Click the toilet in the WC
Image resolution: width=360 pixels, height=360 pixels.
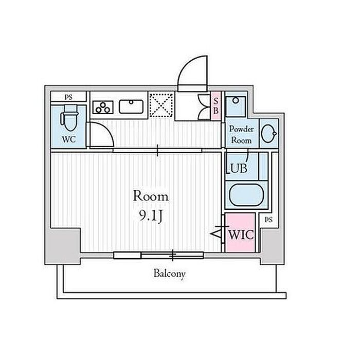click(x=69, y=118)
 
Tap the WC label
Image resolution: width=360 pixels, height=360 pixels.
click(x=68, y=139)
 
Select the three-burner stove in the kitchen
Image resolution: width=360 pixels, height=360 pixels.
click(x=103, y=107)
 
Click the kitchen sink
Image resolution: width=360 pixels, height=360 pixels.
click(x=131, y=106)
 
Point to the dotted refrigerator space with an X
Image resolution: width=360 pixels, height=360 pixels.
click(x=161, y=105)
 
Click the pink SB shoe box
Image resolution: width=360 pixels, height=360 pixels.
click(x=215, y=105)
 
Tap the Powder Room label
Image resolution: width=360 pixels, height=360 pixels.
click(x=241, y=135)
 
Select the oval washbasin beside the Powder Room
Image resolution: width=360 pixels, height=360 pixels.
click(x=268, y=133)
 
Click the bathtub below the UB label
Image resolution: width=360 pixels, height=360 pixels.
click(x=246, y=195)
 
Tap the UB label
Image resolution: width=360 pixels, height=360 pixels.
click(x=238, y=168)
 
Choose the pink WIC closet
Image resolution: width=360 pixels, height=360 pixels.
click(x=240, y=232)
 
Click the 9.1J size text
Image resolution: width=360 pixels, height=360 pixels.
click(x=151, y=215)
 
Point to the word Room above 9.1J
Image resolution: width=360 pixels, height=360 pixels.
click(x=151, y=196)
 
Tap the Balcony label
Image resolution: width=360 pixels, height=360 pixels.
click(x=169, y=274)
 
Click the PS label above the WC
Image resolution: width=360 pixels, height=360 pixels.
click(x=68, y=97)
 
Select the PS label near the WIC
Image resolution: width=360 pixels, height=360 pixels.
click(x=268, y=220)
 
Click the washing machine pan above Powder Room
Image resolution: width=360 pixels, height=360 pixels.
click(x=236, y=106)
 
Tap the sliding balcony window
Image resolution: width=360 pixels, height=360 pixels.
click(x=158, y=255)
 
